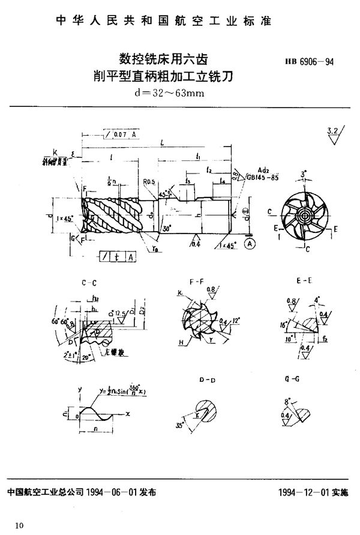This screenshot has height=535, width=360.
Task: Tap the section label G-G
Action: click(x=292, y=380)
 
